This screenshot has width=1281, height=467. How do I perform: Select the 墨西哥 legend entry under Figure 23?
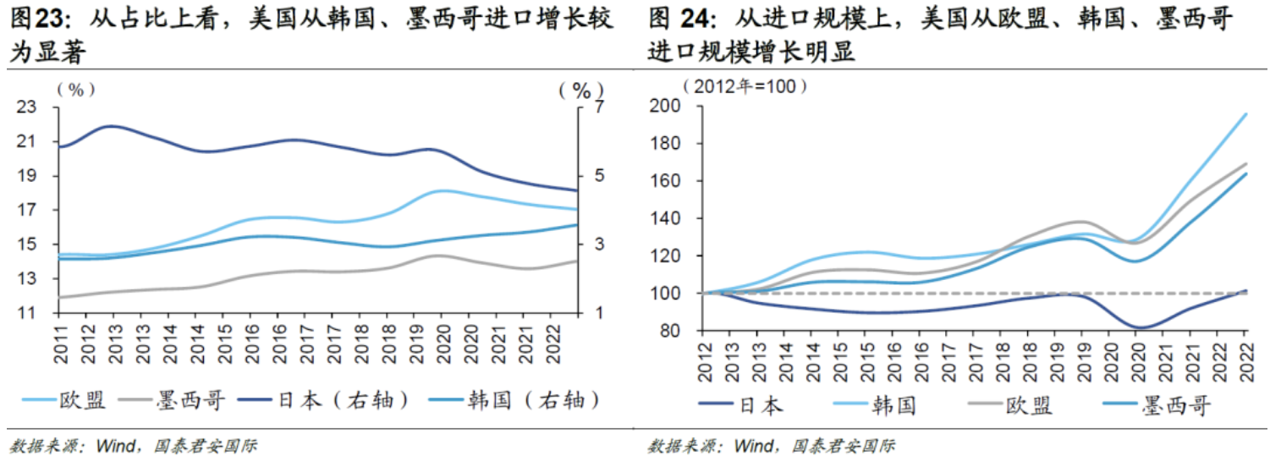178,400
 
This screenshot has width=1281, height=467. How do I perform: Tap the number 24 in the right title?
698,18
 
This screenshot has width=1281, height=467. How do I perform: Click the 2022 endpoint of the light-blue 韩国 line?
1245,114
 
